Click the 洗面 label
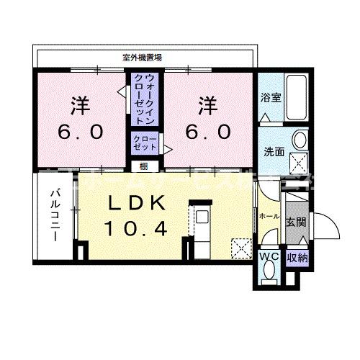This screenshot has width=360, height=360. [271, 151]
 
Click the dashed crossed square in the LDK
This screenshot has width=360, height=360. [239, 246]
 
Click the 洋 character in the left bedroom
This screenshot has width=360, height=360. [78, 105]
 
